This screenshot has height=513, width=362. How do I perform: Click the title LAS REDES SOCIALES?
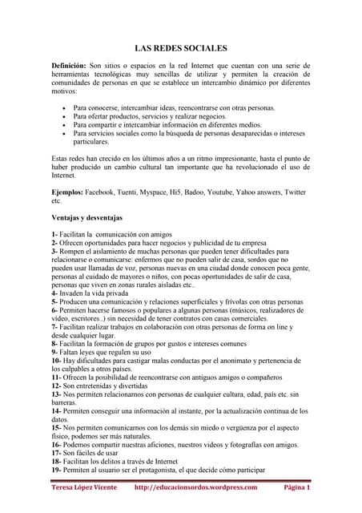(180, 48)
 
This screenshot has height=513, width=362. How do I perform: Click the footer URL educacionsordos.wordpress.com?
(195, 487)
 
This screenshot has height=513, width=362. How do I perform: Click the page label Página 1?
(297, 487)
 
